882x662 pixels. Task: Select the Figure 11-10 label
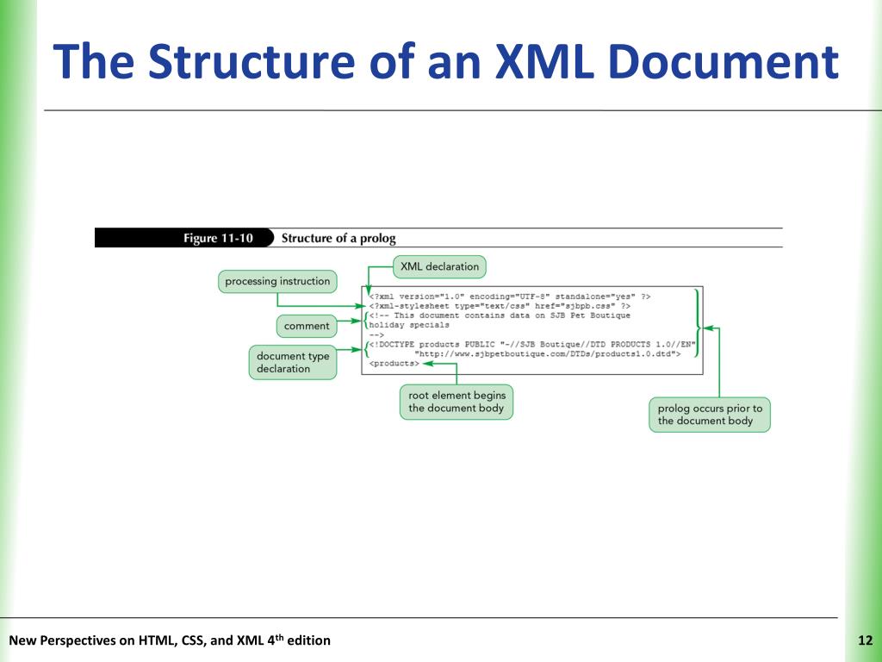coord(218,238)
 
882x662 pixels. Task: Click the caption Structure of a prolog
coord(339,238)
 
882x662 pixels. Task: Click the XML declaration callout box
coord(439,266)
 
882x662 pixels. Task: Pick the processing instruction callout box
coord(277,281)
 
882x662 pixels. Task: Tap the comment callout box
coord(307,326)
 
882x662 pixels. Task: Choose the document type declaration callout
coord(293,362)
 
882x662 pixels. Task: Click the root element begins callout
coord(457,402)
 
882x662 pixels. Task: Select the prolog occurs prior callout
coord(710,415)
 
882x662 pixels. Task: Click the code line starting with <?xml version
coord(509,296)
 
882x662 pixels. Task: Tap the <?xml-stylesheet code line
coord(499,305)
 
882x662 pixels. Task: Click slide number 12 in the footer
coord(866,640)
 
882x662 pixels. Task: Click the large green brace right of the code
coord(696,328)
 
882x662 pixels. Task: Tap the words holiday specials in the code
coord(409,325)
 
